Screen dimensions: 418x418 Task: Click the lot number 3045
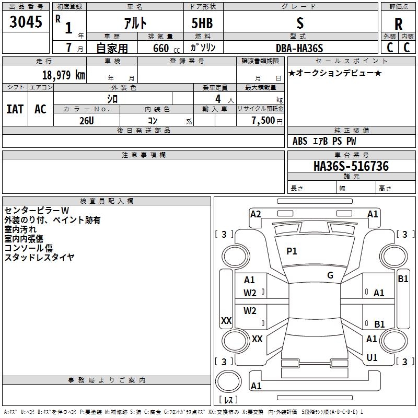click(26, 21)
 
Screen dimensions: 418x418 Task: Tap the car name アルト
click(135, 23)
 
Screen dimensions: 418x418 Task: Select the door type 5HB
click(202, 23)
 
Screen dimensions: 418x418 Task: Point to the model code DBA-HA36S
click(299, 48)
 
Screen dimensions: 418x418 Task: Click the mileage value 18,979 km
click(63, 75)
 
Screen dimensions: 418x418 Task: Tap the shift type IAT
click(15, 109)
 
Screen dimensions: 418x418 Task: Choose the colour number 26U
click(87, 121)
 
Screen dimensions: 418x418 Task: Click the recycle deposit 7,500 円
click(266, 121)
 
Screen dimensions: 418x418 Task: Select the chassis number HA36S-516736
click(351, 166)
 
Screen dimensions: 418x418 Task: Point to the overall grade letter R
click(398, 24)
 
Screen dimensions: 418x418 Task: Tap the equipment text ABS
click(300, 141)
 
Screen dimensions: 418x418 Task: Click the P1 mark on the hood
click(292, 251)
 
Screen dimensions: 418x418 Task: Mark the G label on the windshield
click(330, 275)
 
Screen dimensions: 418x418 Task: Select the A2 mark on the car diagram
click(256, 214)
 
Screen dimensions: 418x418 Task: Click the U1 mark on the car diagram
click(372, 357)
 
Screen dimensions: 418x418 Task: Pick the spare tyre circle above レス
click(228, 381)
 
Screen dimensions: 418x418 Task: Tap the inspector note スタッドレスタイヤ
click(39, 257)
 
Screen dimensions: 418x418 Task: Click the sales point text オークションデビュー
click(335, 73)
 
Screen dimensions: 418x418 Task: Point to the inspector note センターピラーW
click(37, 211)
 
